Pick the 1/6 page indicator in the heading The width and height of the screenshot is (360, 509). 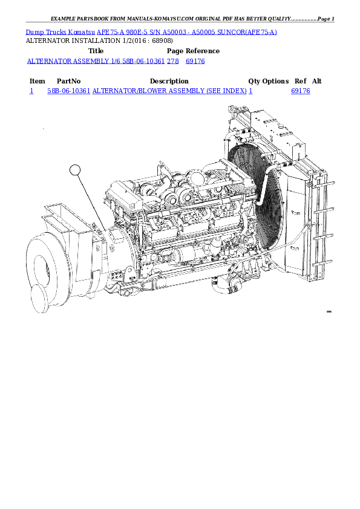click(x=116, y=61)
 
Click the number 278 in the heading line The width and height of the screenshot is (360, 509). click(x=173, y=61)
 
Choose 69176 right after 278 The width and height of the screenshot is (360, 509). click(x=195, y=61)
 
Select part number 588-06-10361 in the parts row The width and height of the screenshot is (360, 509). click(x=69, y=91)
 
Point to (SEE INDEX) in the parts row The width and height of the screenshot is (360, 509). click(x=226, y=91)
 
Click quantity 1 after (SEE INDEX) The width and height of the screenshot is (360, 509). click(x=250, y=91)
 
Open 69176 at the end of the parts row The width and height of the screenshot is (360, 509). click(x=301, y=91)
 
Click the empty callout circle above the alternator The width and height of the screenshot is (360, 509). click(x=75, y=170)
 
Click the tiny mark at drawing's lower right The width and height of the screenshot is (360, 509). click(x=329, y=311)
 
